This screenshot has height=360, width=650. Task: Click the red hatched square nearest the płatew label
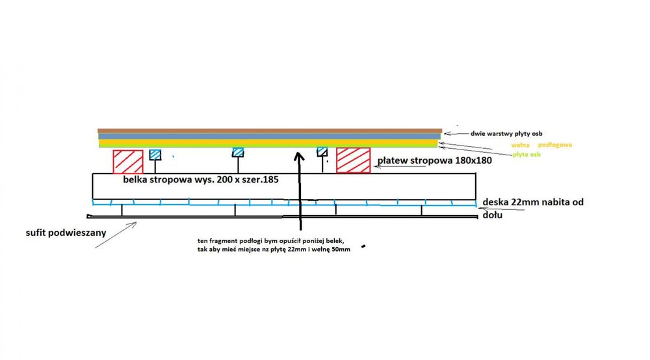354,161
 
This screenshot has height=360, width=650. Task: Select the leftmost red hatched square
128,162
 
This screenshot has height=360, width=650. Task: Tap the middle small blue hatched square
239,153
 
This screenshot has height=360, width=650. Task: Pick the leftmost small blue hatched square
155,155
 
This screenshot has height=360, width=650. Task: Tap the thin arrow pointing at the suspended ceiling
117,235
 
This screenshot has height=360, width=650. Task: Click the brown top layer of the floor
270,131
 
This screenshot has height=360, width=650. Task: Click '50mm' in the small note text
338,250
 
